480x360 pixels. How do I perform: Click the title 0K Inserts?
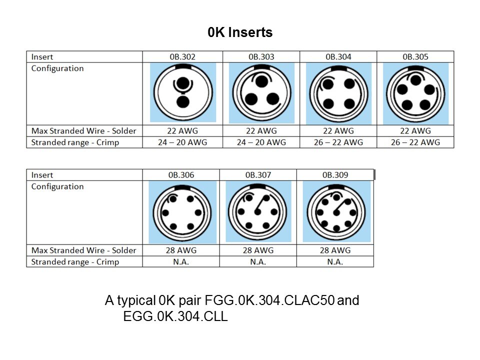tap(240, 32)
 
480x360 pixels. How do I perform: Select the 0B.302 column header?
tap(182, 57)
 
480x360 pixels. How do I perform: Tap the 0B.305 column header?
tap(415, 57)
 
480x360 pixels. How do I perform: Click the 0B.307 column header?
tap(258, 175)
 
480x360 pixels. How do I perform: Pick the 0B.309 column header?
tap(335, 175)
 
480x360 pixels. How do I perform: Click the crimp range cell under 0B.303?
tap(261, 142)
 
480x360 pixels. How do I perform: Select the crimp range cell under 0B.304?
tap(338, 142)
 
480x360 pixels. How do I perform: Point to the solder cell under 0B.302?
tap(182, 131)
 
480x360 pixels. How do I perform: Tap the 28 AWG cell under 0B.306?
tap(181, 250)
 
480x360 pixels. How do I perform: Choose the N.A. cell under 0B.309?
tap(335, 262)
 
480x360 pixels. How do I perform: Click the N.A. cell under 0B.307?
tap(258, 262)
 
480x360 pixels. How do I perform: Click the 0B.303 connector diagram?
tap(261, 93)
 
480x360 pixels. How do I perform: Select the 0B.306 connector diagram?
tap(182, 212)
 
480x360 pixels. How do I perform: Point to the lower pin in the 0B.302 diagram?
tap(183, 102)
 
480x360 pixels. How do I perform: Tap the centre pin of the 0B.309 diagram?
tap(336, 213)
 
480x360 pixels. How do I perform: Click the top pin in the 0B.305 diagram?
tap(415, 80)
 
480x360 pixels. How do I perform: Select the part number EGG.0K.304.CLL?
tap(175, 316)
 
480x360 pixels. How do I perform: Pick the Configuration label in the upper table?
tap(57, 68)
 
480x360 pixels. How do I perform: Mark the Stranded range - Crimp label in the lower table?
tap(75, 262)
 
